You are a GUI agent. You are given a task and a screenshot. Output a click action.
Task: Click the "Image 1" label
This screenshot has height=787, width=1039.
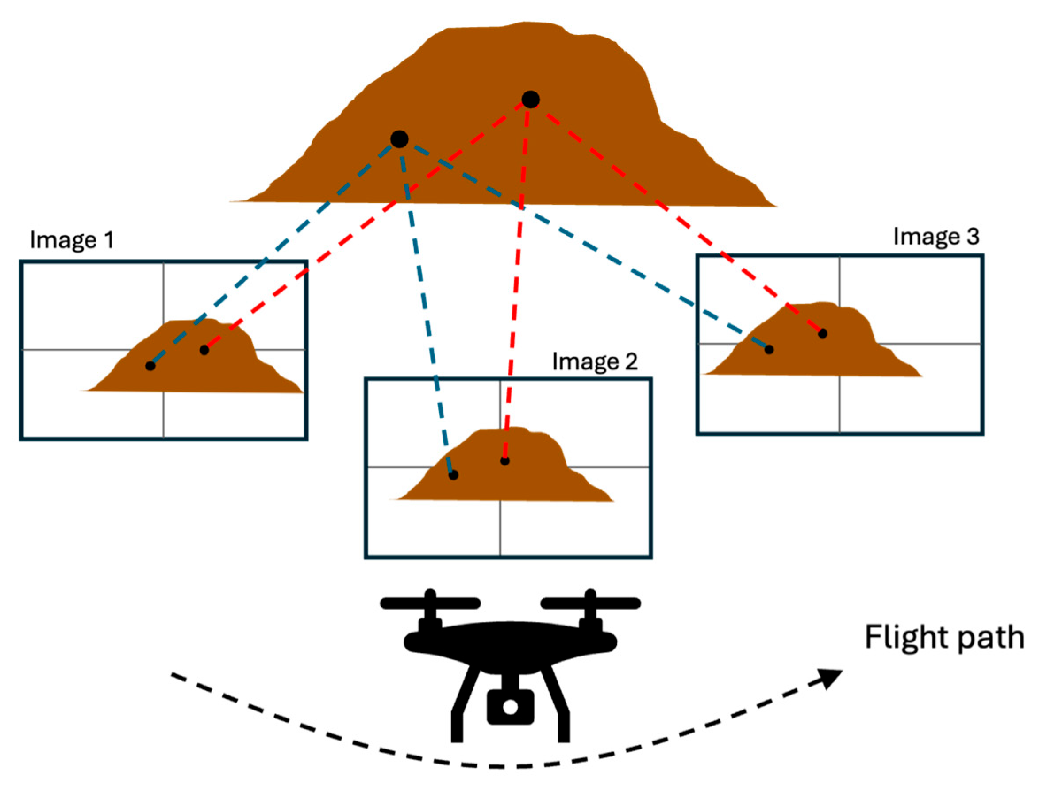[72, 240]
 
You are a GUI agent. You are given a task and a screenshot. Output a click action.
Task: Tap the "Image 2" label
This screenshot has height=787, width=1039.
[595, 361]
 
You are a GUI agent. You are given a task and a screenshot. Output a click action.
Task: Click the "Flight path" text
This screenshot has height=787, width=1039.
[944, 637]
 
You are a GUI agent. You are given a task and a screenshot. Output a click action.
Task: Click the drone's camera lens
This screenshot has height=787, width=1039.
[510, 706]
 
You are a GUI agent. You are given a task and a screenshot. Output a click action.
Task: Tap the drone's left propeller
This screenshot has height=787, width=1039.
[430, 603]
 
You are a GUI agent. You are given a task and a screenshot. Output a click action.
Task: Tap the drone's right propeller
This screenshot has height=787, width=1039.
[590, 603]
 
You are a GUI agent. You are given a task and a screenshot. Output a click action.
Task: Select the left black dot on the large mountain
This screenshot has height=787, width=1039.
[399, 139]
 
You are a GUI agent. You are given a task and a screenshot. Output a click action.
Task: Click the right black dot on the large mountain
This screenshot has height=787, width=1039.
[530, 100]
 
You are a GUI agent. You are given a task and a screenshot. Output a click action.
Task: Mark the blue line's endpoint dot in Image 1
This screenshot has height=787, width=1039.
[150, 365]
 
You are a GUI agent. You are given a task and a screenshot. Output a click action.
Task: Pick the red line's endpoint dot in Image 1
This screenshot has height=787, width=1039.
[204, 350]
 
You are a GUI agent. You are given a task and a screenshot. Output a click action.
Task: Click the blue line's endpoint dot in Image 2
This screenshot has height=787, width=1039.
[453, 475]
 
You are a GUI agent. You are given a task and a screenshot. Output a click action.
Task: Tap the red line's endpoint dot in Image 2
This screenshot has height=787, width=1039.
[505, 461]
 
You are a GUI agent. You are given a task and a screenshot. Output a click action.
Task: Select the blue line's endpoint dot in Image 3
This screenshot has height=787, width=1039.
[769, 349]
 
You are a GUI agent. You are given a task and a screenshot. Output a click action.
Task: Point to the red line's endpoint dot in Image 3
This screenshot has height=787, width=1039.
[823, 334]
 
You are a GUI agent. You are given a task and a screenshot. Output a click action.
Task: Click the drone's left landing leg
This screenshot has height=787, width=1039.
[463, 709]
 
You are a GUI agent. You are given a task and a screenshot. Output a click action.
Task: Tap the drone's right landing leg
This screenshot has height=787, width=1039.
[559, 709]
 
